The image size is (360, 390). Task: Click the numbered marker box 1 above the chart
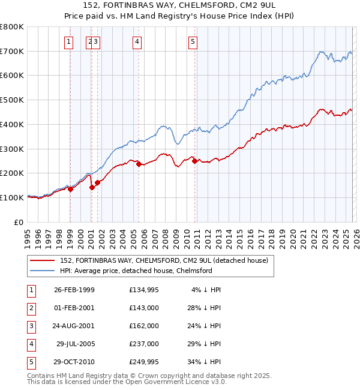pos(70,41)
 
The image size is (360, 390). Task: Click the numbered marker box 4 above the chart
pos(137,41)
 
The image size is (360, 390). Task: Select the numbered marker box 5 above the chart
pos(193,41)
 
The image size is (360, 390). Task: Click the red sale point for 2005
pos(139,163)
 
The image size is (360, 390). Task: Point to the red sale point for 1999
pos(70,188)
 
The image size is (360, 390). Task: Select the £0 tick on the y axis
pos(19,222)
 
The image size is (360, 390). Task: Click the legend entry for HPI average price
pos(136,271)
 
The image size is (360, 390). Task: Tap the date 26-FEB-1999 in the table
pos(74,290)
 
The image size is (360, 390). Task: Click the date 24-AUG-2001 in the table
pos(74,326)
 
